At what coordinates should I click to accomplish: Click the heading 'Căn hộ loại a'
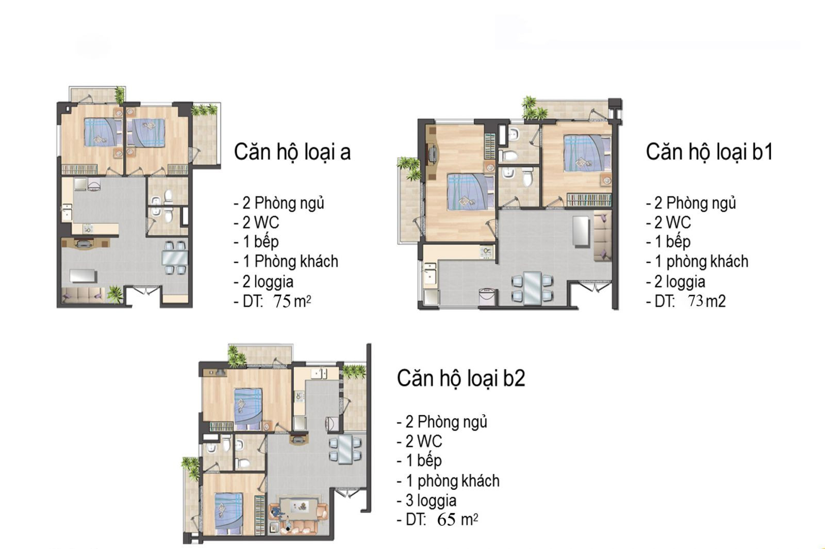(x=292, y=152)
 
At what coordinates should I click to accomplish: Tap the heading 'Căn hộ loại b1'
(x=709, y=152)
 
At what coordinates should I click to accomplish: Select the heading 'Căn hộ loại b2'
(x=461, y=378)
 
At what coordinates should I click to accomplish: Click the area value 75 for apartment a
(x=282, y=302)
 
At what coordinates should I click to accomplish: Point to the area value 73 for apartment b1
(x=696, y=301)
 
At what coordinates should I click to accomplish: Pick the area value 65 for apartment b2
(x=447, y=520)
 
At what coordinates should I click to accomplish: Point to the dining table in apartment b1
(x=533, y=288)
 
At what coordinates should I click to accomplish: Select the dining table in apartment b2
(x=345, y=449)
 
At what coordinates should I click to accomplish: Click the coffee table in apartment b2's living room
(x=299, y=508)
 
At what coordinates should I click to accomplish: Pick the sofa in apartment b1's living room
(x=603, y=238)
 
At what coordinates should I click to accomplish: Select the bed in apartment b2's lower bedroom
(x=229, y=513)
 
